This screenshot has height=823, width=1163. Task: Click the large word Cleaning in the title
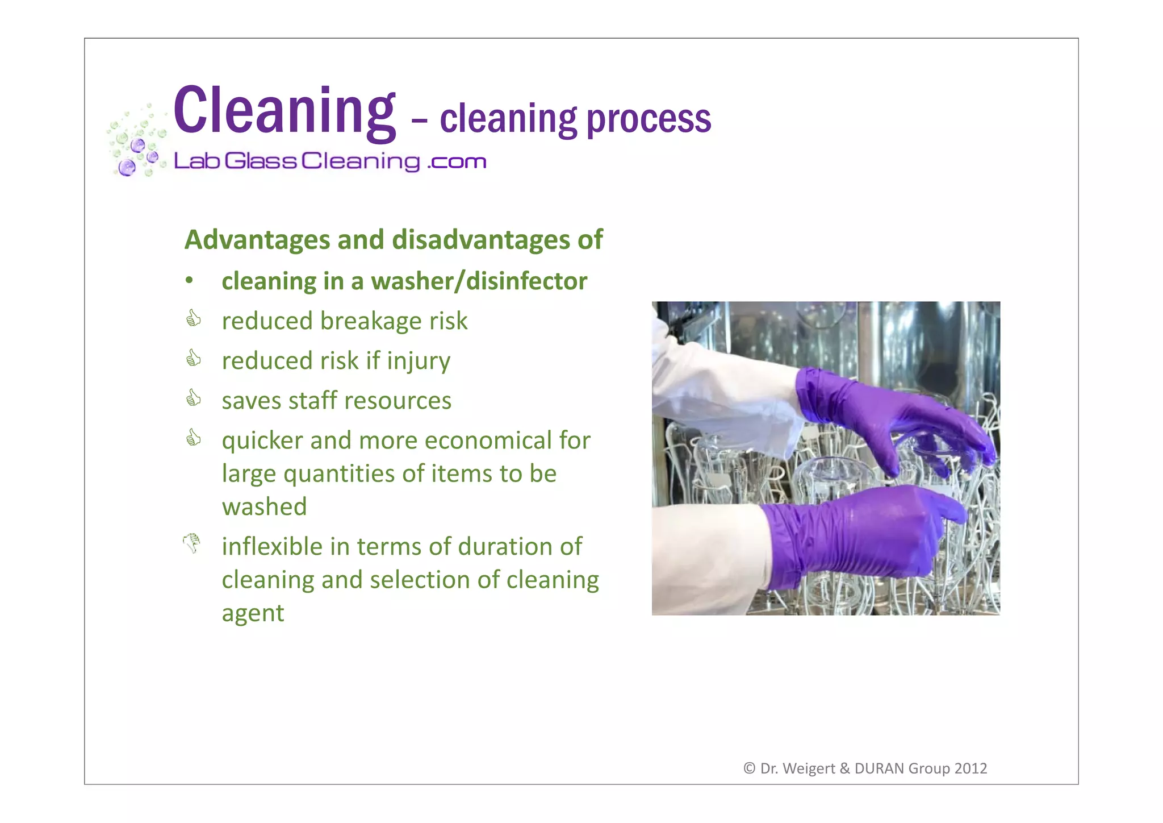pos(284,111)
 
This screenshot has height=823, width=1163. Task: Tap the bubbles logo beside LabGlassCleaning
pos(136,142)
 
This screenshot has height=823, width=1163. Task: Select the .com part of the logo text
pos(457,162)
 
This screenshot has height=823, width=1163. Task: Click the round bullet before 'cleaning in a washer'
pos(190,281)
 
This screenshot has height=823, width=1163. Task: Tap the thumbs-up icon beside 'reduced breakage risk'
pos(194,318)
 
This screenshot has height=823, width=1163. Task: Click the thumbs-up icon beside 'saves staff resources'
pos(194,398)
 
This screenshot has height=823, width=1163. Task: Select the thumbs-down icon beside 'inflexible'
pos(192,543)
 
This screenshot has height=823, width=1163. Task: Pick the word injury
pos(419,361)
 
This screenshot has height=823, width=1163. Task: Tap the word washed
pos(264,506)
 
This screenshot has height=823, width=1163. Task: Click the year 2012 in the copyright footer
pos(970,768)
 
